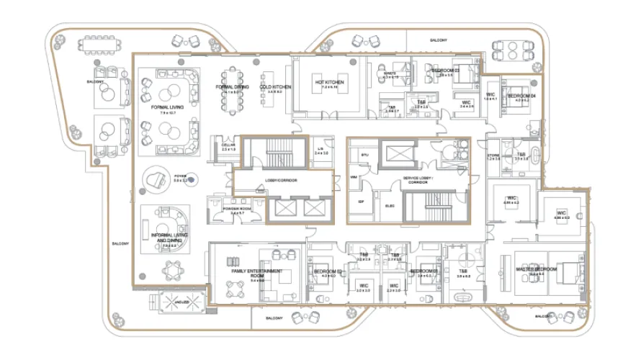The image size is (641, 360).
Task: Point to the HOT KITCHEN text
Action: (x=329, y=83)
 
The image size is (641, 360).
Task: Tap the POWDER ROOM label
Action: (x=237, y=209)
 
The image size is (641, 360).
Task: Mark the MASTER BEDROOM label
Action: (x=535, y=270)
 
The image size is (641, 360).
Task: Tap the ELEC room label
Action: (x=389, y=205)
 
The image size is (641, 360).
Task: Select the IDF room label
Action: (x=361, y=202)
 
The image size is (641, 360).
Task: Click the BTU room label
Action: (x=364, y=154)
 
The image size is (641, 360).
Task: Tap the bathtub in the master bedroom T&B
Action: (x=465, y=295)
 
